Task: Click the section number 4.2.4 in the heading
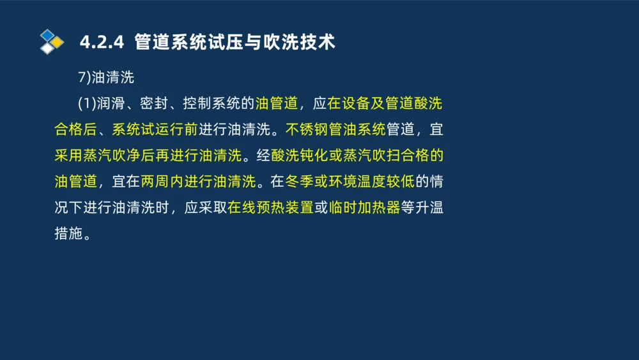click(101, 43)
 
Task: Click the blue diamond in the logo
click(47, 35)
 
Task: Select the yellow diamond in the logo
click(58, 42)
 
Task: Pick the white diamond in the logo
click(47, 49)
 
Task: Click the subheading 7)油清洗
click(105, 77)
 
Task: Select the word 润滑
click(109, 104)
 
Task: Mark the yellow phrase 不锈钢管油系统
click(335, 130)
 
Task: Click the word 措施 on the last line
click(68, 233)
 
